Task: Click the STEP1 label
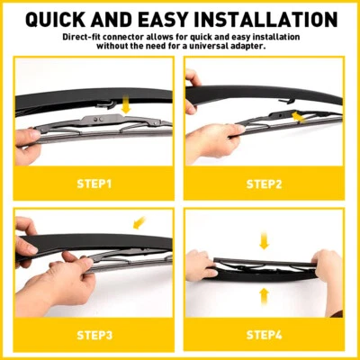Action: tap(94, 184)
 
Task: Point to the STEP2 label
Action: tap(265, 184)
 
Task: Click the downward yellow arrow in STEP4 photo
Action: tap(264, 240)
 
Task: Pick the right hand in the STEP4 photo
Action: tap(329, 270)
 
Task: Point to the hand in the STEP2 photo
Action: tap(211, 139)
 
